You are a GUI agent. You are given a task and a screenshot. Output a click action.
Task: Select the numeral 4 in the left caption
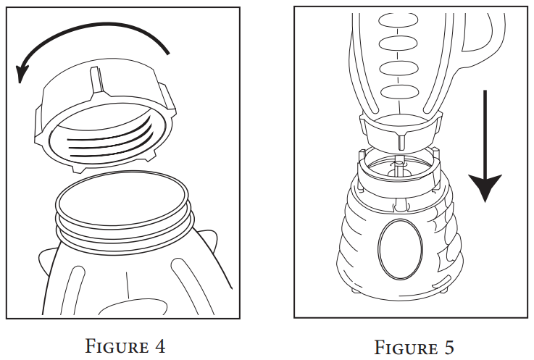pos(159,346)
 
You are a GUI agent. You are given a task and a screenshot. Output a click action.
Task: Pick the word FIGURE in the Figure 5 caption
pos(403,347)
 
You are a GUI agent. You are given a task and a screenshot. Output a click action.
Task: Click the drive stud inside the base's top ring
pos(397,167)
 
